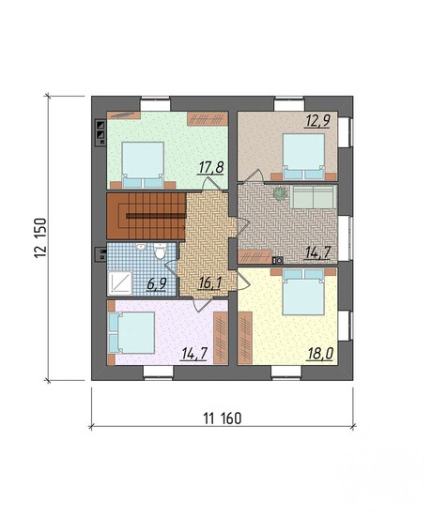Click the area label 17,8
(211, 167)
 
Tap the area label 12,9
(317, 120)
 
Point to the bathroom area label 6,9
(157, 284)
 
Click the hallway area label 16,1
(209, 283)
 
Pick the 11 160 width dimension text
(223, 419)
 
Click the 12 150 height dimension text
(40, 237)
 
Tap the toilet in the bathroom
(161, 251)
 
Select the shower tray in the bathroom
(120, 282)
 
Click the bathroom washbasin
(141, 247)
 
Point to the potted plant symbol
(280, 193)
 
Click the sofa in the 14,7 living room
(313, 197)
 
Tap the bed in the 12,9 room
(303, 157)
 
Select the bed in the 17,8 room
(143, 165)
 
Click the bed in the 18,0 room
(303, 292)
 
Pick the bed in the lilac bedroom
(131, 333)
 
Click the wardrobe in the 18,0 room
(245, 338)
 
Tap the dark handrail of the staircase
(155, 216)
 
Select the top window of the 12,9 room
(288, 104)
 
